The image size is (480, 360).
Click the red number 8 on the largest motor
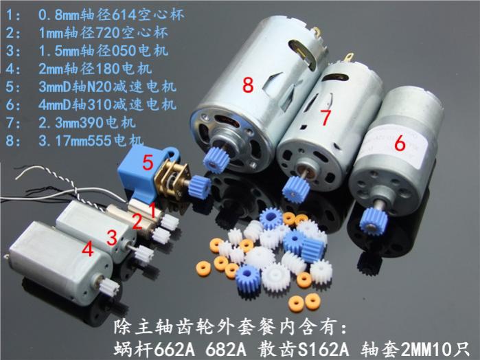click(248, 85)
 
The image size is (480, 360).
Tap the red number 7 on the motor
click(325, 117)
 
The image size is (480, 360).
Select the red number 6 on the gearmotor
click(400, 143)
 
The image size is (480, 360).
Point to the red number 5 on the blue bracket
click(148, 162)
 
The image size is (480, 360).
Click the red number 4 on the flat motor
click(87, 249)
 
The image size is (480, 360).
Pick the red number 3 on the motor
click(112, 238)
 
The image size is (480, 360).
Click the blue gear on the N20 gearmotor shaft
click(199, 187)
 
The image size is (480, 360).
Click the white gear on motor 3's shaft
click(144, 254)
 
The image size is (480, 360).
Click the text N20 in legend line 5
click(99, 87)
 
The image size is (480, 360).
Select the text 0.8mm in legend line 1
click(59, 14)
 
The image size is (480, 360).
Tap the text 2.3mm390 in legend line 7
click(71, 122)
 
